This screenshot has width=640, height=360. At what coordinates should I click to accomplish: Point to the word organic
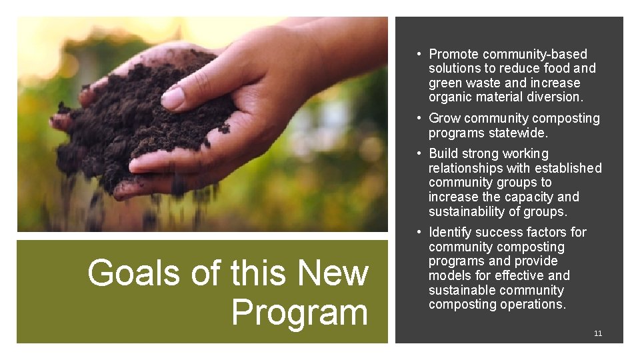[x=450, y=97]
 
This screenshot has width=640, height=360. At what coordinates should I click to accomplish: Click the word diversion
[x=555, y=97]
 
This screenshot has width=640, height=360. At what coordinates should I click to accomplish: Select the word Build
[x=444, y=154]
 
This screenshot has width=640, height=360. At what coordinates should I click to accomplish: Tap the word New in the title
[x=333, y=273]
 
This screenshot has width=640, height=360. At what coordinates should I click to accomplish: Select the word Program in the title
[x=299, y=313]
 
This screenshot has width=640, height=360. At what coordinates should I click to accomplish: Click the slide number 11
[x=598, y=333]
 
